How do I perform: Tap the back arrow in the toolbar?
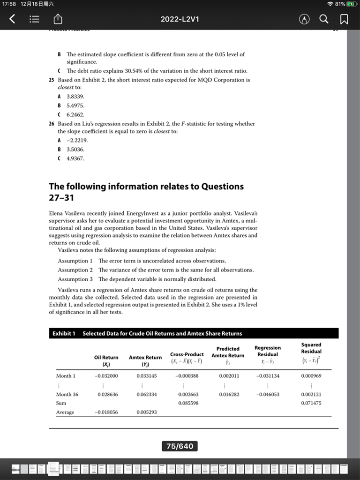pos(13,19)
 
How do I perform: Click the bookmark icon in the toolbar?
pos(344,19)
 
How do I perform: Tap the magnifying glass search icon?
pos(324,19)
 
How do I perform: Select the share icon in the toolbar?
pos(59,19)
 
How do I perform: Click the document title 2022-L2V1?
pos(180,19)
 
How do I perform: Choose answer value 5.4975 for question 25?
pos(75,105)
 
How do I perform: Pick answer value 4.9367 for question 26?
pos(75,158)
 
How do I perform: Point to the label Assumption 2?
pos(75,270)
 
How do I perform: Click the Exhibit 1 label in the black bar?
pos(64,334)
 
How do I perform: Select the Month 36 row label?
pos(67,395)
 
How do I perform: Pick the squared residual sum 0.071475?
pos(311,403)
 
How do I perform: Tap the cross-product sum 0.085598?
pos(188,403)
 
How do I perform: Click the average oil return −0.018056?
pos(106,412)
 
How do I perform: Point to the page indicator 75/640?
pos(180,446)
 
